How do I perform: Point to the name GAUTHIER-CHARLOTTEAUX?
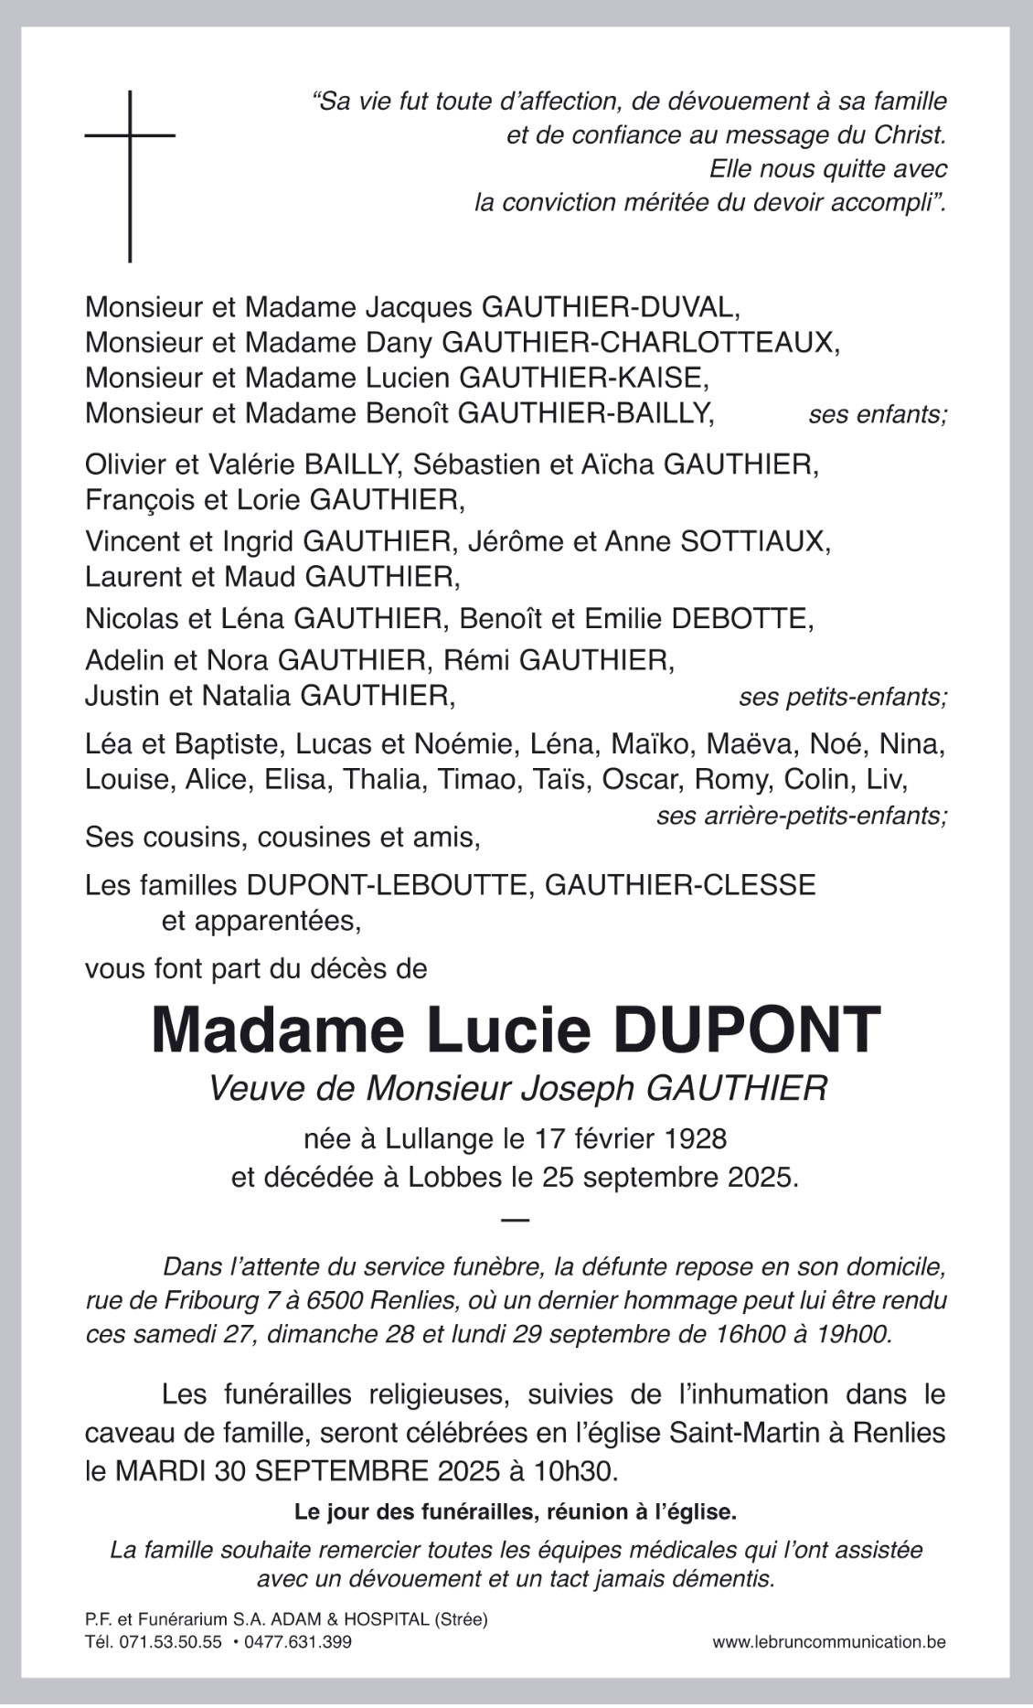pyautogui.click(x=639, y=342)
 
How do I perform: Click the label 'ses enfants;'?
pyautogui.click(x=877, y=415)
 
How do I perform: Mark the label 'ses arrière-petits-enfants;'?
pyautogui.click(x=801, y=815)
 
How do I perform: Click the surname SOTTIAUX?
pyautogui.click(x=752, y=541)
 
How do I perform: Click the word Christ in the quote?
pyautogui.click(x=902, y=135)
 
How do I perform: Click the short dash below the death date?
pyautogui.click(x=516, y=1220)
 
